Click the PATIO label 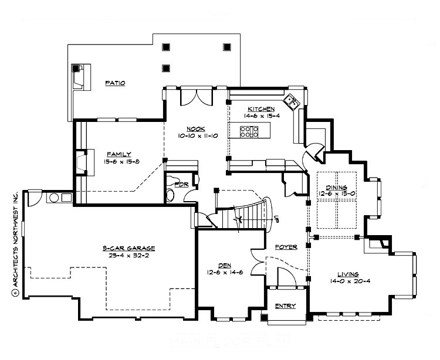click(115, 83)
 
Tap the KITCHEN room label click(260, 109)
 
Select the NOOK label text click(195, 129)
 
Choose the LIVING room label click(348, 274)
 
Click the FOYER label click(286, 247)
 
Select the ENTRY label click(286, 306)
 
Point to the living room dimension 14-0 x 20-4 click(348, 281)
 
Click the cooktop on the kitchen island click(249, 131)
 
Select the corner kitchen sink click(292, 103)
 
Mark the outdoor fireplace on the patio click(77, 77)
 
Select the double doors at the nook click(195, 96)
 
